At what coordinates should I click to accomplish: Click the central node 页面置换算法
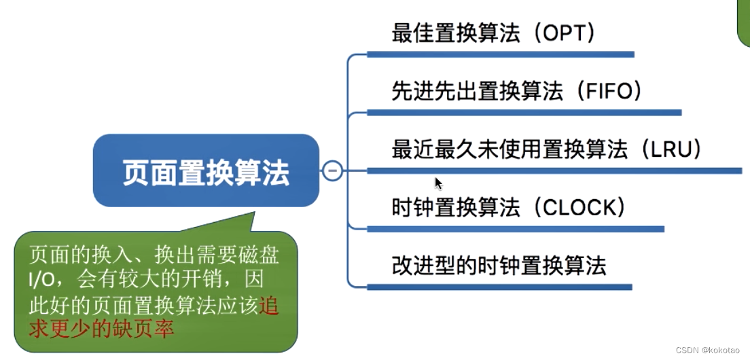pyautogui.click(x=206, y=171)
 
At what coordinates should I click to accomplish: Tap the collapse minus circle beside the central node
pyautogui.click(x=332, y=170)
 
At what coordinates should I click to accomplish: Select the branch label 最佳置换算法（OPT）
pyautogui.click(x=494, y=33)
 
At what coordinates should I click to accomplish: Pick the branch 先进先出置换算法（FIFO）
pyautogui.click(x=517, y=90)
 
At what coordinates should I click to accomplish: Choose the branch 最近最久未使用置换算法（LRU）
pyautogui.click(x=547, y=149)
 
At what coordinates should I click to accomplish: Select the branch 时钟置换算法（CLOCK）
pyautogui.click(x=508, y=206)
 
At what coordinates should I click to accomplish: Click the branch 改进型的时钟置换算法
pyautogui.click(x=499, y=265)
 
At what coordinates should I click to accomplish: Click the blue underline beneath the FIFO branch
pyautogui.click(x=524, y=112)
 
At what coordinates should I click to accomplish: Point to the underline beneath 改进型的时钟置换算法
pyautogui.click(x=499, y=287)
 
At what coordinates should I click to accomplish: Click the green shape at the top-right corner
pyautogui.click(x=744, y=20)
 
